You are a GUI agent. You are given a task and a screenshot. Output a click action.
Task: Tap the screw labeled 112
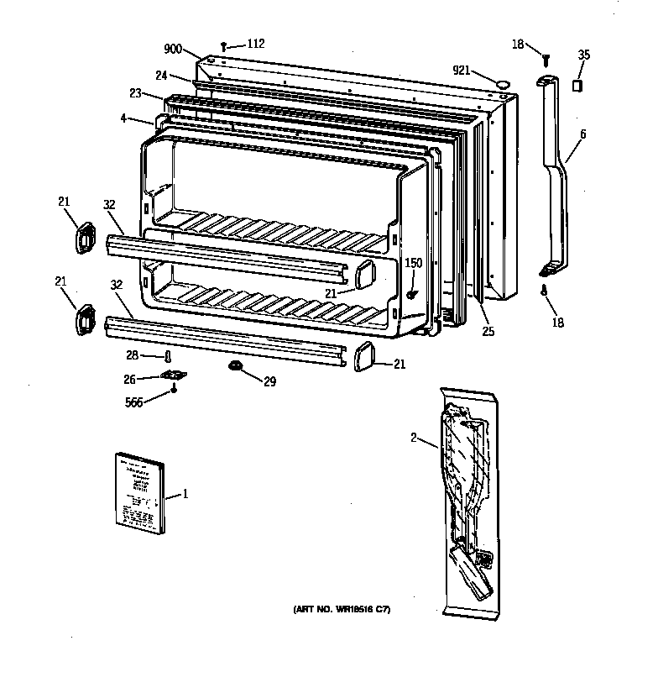click(x=225, y=46)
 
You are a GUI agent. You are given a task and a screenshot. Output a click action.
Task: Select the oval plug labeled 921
click(x=502, y=83)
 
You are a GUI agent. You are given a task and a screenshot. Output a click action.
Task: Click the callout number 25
click(x=488, y=331)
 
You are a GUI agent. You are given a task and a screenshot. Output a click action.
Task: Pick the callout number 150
click(x=414, y=264)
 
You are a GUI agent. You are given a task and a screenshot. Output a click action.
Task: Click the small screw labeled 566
click(x=174, y=388)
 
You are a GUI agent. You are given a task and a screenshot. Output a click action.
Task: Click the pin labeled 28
click(x=167, y=357)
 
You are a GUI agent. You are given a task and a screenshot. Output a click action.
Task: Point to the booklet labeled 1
click(x=139, y=494)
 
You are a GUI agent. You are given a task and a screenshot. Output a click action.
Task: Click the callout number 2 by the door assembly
click(x=413, y=437)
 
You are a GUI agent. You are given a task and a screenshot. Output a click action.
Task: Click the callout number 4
click(x=123, y=118)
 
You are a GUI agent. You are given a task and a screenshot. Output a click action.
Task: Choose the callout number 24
click(x=160, y=74)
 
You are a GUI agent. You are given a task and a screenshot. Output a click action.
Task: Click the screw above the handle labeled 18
click(x=546, y=59)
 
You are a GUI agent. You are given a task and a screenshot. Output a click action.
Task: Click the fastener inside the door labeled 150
click(x=412, y=294)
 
